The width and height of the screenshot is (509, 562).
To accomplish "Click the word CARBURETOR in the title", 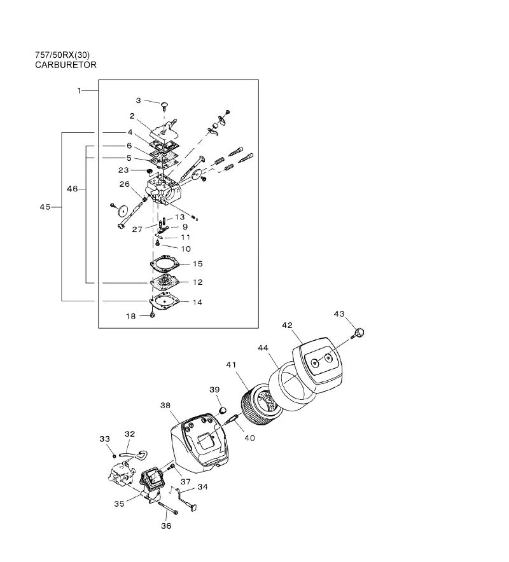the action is [66, 65].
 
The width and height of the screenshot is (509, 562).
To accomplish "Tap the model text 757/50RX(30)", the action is [62, 55].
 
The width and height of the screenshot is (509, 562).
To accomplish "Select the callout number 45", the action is [45, 207].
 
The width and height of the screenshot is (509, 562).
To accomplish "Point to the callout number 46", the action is [72, 189].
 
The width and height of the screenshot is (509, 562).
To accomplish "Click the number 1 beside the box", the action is [80, 91].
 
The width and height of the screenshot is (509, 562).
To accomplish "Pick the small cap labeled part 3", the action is [165, 105].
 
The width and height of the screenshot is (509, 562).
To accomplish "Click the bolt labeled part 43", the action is [359, 332].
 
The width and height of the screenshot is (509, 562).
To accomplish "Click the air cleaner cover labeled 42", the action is [317, 364].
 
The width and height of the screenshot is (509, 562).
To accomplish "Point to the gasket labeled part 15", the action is [165, 263].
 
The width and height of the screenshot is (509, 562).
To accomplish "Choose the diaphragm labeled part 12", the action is [165, 282].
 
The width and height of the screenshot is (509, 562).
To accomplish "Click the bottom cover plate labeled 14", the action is [164, 301].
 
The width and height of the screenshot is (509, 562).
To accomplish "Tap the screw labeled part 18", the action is [151, 315].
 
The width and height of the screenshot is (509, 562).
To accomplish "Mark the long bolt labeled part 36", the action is [167, 507].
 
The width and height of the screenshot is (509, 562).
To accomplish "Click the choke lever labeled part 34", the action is [185, 500].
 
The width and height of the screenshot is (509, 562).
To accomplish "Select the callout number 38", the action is [165, 406].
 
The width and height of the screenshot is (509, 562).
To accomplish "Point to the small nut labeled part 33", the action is [114, 456].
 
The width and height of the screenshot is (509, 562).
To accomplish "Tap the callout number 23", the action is [123, 170].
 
